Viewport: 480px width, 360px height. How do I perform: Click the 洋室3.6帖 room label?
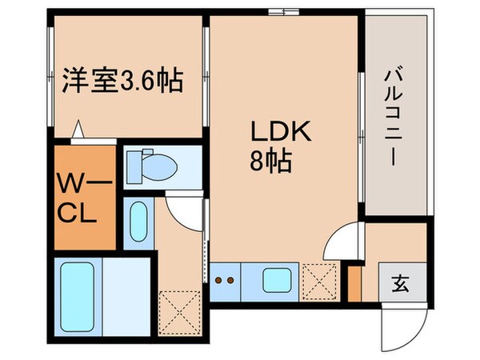pos(122,81)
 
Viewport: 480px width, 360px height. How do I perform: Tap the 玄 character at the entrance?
pos(397,282)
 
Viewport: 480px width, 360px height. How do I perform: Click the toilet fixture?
pos(158,165)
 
